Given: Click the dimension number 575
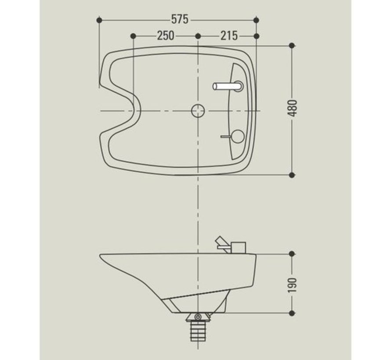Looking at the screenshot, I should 179,19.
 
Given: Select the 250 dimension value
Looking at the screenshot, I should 165,36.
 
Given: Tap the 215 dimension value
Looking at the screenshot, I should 228,36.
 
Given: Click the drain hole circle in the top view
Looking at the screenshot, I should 198,110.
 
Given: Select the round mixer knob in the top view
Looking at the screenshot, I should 237,137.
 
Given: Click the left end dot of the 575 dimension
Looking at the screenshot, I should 100,20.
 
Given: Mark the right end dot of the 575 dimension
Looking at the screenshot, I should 257,20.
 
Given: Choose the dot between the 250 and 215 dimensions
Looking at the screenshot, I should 198,36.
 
